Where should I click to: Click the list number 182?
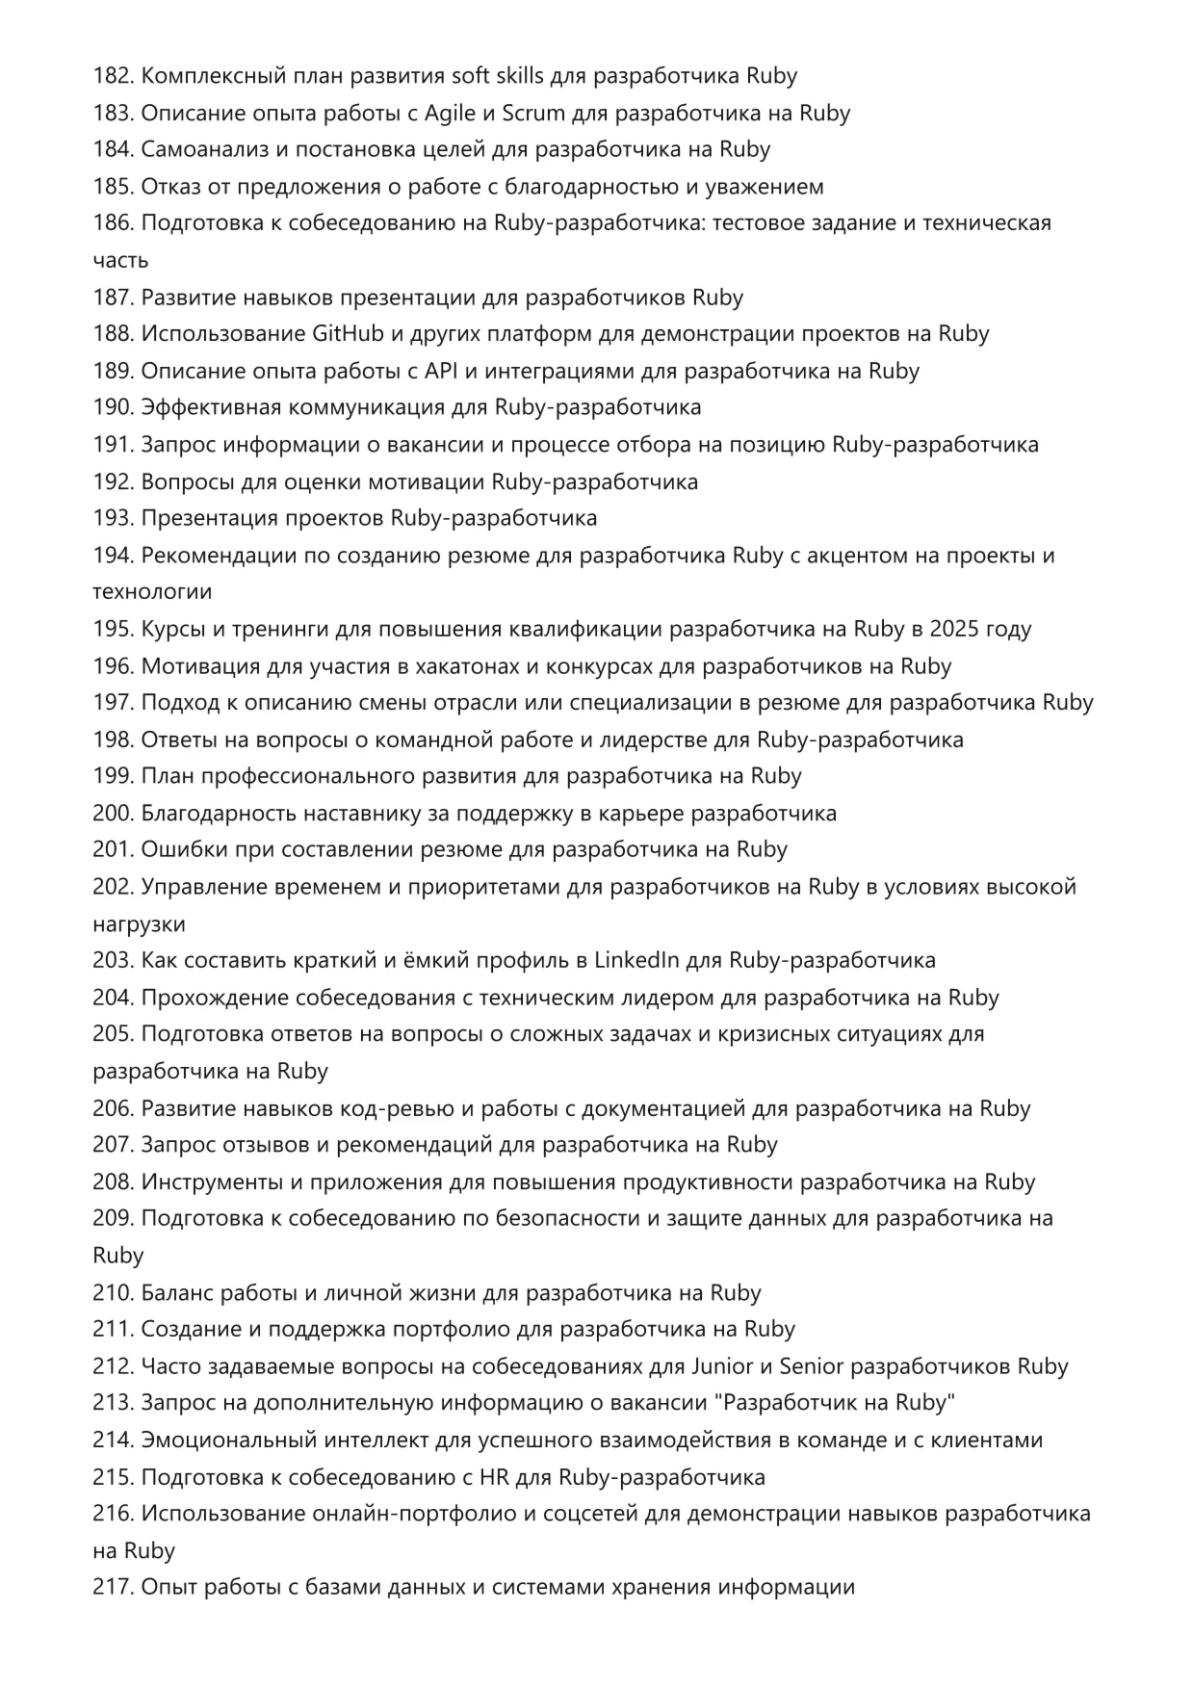(113, 76)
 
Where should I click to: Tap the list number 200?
(113, 814)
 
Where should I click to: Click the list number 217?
(113, 1588)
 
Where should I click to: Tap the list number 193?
(113, 518)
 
